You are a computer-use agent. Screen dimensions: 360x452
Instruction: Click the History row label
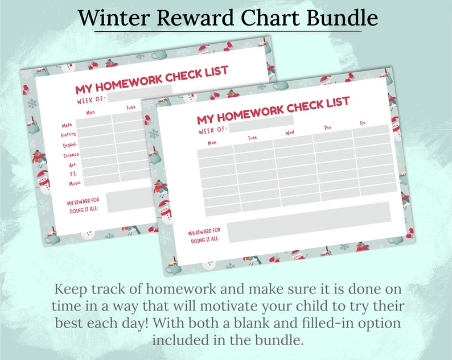[x=68, y=135]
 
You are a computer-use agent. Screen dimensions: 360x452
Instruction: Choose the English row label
[x=69, y=145]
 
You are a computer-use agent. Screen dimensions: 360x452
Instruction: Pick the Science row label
[x=71, y=155]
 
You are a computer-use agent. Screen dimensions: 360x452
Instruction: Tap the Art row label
[x=72, y=165]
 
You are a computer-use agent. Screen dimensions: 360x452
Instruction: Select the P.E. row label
[x=73, y=173]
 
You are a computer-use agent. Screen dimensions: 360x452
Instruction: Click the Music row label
[x=75, y=183]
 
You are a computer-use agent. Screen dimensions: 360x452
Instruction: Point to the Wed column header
[x=290, y=133]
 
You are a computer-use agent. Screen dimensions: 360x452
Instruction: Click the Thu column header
[x=327, y=128]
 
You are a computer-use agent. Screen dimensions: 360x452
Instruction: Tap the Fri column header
[x=363, y=123]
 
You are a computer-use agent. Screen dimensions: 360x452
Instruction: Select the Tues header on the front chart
[x=252, y=138]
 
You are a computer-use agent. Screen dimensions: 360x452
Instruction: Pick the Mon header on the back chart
[x=91, y=113]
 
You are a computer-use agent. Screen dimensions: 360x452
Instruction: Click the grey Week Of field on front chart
[x=261, y=121]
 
